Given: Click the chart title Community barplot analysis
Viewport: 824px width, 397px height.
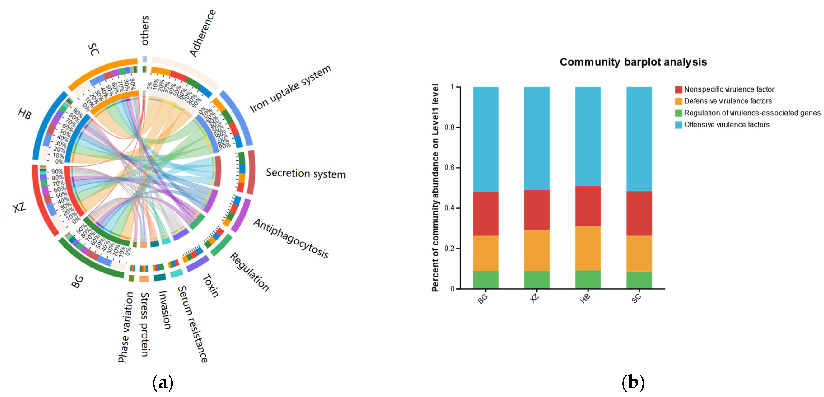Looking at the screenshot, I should pyautogui.click(x=633, y=62).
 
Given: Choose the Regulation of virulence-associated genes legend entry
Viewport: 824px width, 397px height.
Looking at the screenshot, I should pyautogui.click(x=752, y=113).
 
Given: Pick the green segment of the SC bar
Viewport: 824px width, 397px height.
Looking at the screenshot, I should pyautogui.click(x=639, y=280).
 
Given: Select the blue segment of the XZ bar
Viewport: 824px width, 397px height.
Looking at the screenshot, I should pyautogui.click(x=536, y=138).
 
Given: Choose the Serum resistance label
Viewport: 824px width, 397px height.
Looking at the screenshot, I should pyautogui.click(x=193, y=324).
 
